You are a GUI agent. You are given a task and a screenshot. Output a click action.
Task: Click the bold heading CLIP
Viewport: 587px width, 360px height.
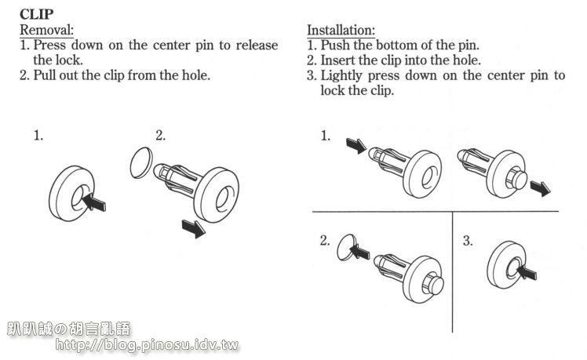click(36, 14)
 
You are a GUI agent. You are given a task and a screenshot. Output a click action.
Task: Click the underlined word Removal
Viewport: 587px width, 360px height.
click(47, 30)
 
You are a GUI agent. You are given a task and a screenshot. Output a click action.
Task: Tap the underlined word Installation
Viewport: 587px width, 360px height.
click(341, 30)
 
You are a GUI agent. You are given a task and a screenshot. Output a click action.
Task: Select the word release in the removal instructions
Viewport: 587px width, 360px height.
click(257, 45)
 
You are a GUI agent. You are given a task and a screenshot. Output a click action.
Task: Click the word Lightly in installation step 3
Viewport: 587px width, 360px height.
click(341, 76)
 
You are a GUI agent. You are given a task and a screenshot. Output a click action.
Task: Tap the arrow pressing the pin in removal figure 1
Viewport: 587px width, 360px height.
click(93, 202)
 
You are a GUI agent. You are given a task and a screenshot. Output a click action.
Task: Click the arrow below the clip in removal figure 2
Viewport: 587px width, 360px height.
click(194, 228)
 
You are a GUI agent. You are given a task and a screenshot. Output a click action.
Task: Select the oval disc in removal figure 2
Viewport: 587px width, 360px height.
click(141, 162)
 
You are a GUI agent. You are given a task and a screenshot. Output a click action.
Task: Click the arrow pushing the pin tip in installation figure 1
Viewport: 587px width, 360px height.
click(356, 146)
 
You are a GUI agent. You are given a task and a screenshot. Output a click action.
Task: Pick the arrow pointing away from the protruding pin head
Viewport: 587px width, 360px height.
click(541, 188)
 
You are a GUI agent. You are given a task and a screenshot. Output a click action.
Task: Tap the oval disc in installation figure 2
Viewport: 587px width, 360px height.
click(346, 247)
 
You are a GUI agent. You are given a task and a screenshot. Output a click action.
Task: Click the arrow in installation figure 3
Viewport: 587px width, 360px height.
click(527, 272)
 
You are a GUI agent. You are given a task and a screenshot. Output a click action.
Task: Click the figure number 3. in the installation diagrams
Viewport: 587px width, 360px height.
click(468, 241)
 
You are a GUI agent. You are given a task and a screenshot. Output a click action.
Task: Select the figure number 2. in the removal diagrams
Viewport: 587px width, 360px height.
click(161, 135)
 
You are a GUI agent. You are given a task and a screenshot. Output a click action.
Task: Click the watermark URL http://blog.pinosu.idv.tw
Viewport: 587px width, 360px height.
click(147, 344)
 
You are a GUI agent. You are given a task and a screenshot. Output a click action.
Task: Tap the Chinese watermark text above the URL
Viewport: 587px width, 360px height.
click(69, 329)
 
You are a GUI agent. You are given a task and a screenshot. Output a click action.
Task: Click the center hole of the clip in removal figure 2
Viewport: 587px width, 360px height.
click(221, 198)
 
